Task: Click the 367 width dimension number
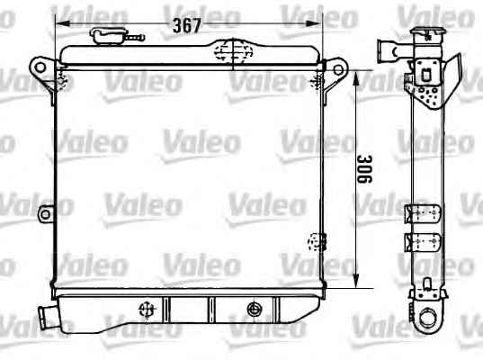187,25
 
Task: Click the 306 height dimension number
364,169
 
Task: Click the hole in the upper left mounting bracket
40,67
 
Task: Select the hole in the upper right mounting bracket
338,69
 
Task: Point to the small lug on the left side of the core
46,214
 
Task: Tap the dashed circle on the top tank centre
233,51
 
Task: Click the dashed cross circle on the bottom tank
147,310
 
